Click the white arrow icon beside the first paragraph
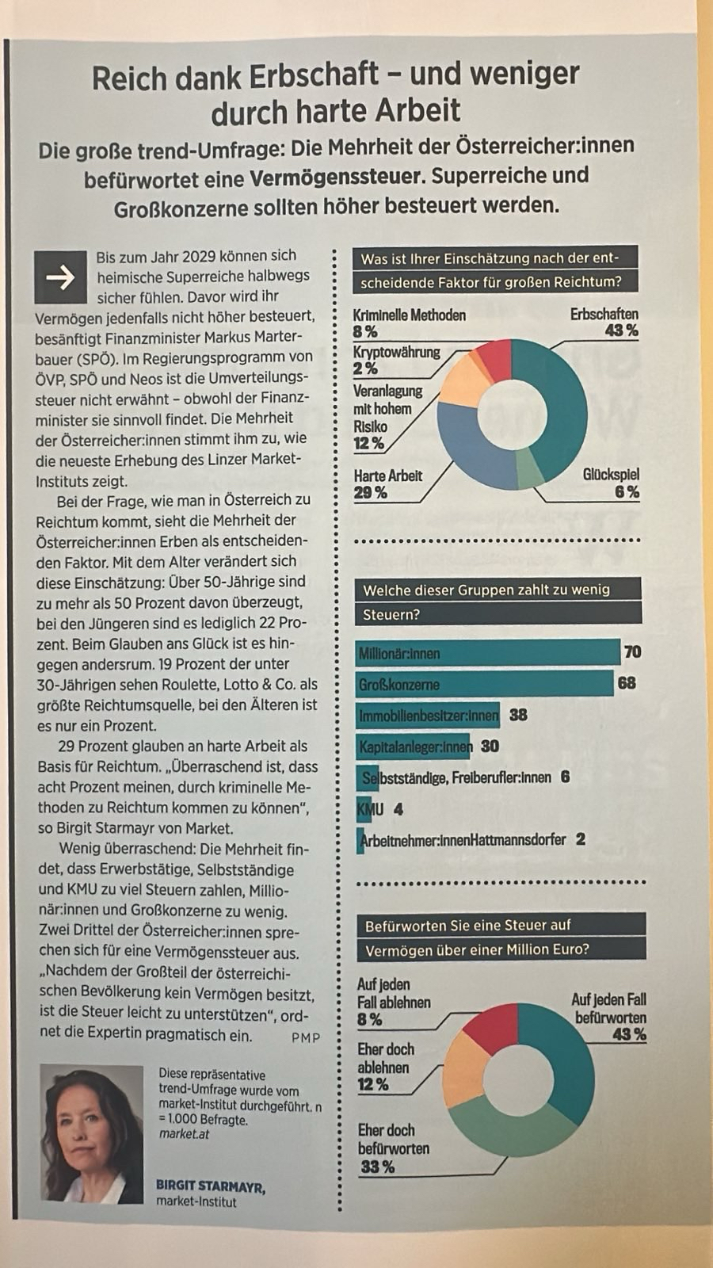coord(60,277)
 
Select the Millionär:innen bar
coord(487,653)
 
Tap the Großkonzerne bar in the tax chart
coord(484,684)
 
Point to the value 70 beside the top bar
coord(632,652)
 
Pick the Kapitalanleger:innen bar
coord(413,747)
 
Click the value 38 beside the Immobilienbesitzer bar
coord(518,715)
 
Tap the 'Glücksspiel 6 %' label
coord(610,483)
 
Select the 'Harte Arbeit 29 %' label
coord(387,484)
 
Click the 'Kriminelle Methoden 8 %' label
coord(409,323)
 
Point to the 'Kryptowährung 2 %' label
coord(396,360)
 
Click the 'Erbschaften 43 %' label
coord(604,323)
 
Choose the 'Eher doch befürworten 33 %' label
coord(393,1148)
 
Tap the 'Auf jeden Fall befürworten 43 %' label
coord(608,1017)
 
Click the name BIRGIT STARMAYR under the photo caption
coord(210,1186)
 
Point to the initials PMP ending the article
coord(306,1037)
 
